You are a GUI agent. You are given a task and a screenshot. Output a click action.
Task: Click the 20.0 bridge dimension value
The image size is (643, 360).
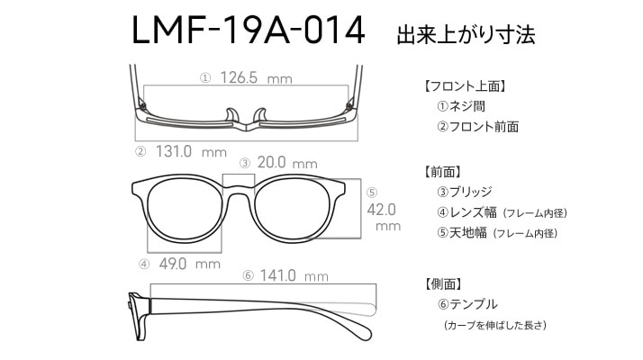pyautogui.click(x=271, y=163)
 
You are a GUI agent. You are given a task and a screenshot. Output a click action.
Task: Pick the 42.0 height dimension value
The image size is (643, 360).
pyautogui.click(x=382, y=209)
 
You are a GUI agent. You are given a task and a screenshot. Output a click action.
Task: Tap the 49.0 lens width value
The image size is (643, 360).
pyautogui.click(x=173, y=264)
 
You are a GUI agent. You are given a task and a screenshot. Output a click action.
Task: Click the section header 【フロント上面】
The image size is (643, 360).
pyautogui.click(x=466, y=87)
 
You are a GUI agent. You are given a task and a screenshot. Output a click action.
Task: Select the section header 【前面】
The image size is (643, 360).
pyautogui.click(x=442, y=171)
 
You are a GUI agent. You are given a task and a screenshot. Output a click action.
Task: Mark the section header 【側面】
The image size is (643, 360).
pyautogui.click(x=442, y=283)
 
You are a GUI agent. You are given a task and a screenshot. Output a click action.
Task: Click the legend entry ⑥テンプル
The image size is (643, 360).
pyautogui.click(x=466, y=304)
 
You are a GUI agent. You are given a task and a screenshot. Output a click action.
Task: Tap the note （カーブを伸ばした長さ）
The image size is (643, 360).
pyautogui.click(x=494, y=325)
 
